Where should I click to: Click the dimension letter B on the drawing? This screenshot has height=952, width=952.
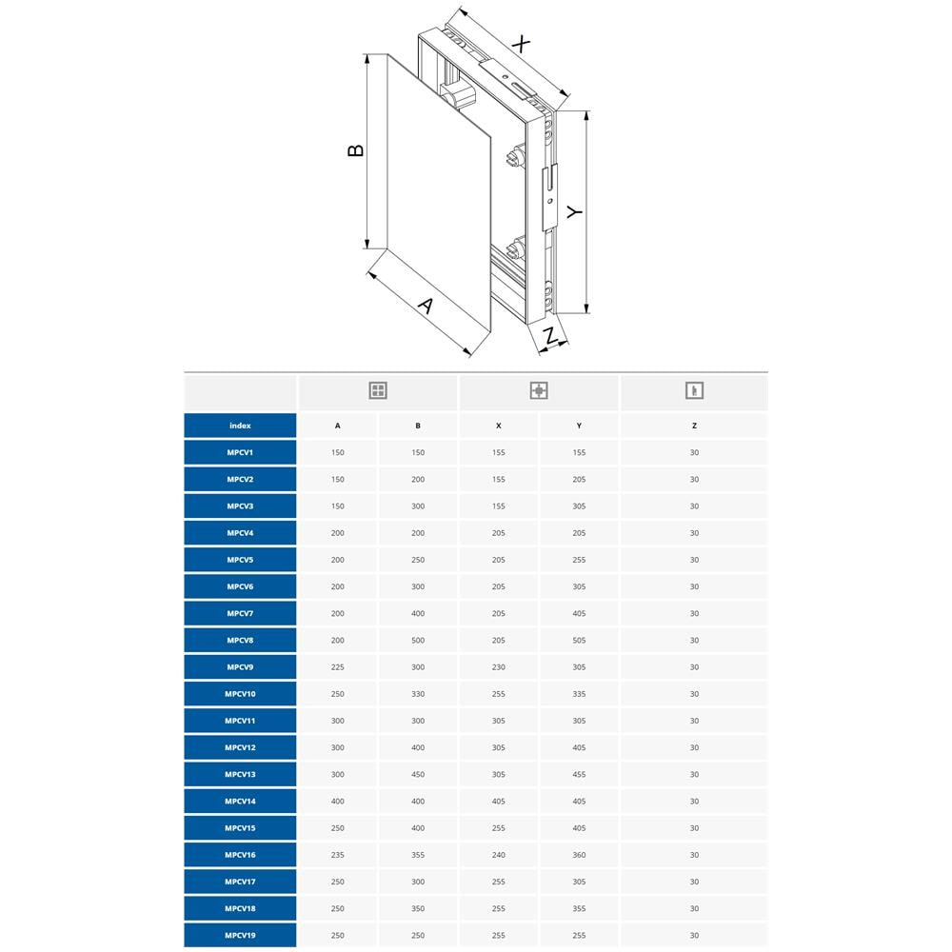[356, 150]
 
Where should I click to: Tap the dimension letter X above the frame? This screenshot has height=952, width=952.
[521, 44]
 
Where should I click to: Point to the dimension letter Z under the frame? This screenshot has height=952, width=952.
[549, 336]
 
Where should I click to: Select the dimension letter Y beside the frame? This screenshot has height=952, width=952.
[574, 212]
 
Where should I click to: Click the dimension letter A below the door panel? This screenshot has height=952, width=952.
[426, 306]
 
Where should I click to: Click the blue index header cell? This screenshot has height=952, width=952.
[241, 426]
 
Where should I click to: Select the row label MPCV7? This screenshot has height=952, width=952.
[241, 613]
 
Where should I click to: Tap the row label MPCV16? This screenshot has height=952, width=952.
[241, 855]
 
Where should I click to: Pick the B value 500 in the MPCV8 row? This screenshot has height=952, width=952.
[418, 640]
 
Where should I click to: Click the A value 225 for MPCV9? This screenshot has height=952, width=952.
[338, 666]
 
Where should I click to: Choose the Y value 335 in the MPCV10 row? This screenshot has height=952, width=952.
[579, 693]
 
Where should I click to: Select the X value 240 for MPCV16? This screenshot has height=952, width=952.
[499, 855]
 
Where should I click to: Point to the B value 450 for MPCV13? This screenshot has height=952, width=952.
[418, 774]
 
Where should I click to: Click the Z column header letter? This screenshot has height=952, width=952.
[694, 426]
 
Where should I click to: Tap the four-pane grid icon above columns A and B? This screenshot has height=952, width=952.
[378, 390]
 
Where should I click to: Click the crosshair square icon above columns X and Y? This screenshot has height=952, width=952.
[539, 390]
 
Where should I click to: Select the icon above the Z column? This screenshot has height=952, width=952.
[694, 390]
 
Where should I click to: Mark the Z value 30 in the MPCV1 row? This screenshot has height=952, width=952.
[694, 452]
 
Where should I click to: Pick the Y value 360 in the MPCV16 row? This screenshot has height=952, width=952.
[579, 855]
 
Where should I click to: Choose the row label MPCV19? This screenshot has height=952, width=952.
[241, 935]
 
